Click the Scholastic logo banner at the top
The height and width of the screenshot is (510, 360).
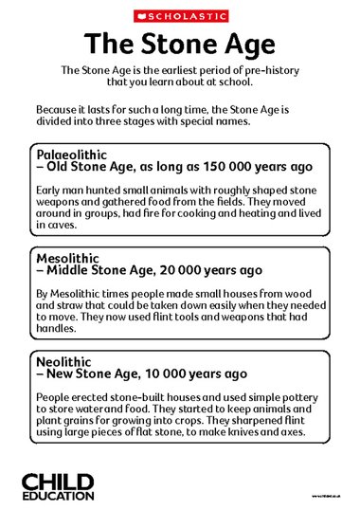(x=179, y=15)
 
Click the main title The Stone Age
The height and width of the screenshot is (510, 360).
(x=179, y=43)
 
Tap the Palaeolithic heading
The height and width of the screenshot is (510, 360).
(x=71, y=154)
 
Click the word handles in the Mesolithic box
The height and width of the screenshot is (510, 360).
(x=57, y=329)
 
